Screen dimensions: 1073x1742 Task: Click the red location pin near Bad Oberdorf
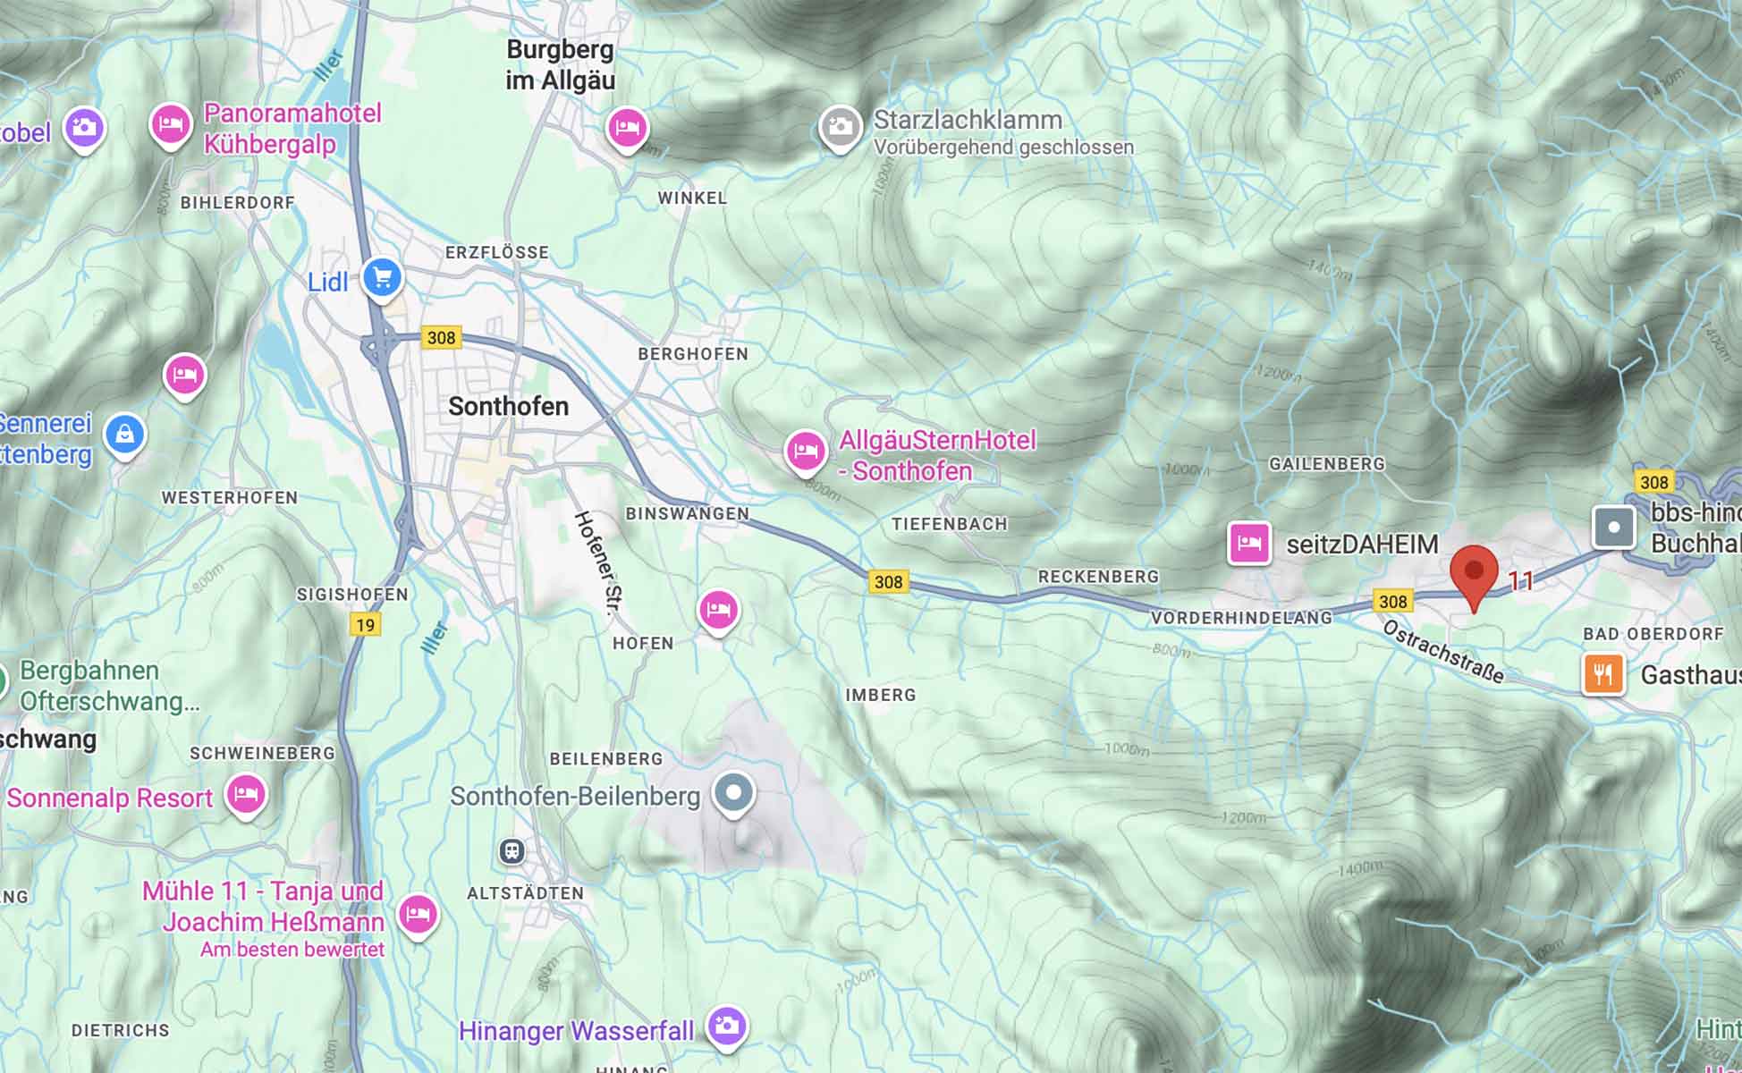[x=1473, y=572]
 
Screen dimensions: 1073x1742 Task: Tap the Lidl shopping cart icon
[x=383, y=278]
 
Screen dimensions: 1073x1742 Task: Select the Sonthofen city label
[x=508, y=407]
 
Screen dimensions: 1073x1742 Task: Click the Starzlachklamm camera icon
[x=840, y=128]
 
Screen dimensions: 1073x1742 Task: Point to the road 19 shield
[x=365, y=624]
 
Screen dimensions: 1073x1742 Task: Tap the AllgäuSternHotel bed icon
[x=805, y=451]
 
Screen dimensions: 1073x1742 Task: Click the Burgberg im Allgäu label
[x=560, y=64]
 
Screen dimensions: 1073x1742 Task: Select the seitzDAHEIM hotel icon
[x=1249, y=543]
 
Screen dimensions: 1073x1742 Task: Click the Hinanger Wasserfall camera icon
[x=726, y=1025]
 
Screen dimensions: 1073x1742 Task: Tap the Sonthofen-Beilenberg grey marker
[x=734, y=792]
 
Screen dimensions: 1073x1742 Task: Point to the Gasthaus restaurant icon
[x=1602, y=673]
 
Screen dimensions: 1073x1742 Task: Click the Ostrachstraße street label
[x=1442, y=652]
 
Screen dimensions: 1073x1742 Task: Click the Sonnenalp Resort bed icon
[x=246, y=794]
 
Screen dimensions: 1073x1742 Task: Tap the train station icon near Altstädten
[x=512, y=851]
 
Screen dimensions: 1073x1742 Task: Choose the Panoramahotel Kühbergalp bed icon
[x=170, y=124]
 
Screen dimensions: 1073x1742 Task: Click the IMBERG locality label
[x=880, y=695]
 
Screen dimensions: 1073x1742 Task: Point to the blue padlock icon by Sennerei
[x=124, y=435]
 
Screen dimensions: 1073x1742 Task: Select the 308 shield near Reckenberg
[x=888, y=582]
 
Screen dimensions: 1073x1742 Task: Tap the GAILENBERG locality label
[x=1326, y=463]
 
